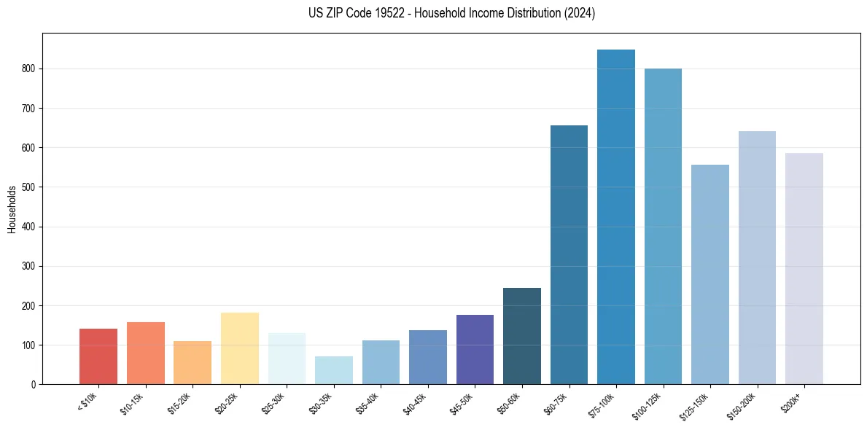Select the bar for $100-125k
click(663, 227)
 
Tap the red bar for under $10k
click(98, 356)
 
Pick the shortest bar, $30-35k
click(334, 370)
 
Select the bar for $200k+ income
click(804, 269)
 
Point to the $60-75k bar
click(569, 255)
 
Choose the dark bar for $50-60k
click(522, 336)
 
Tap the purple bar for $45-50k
click(475, 350)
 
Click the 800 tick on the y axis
click(28, 69)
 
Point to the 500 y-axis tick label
click(28, 187)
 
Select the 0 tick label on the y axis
click(32, 385)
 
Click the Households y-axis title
click(12, 209)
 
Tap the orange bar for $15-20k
click(193, 363)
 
